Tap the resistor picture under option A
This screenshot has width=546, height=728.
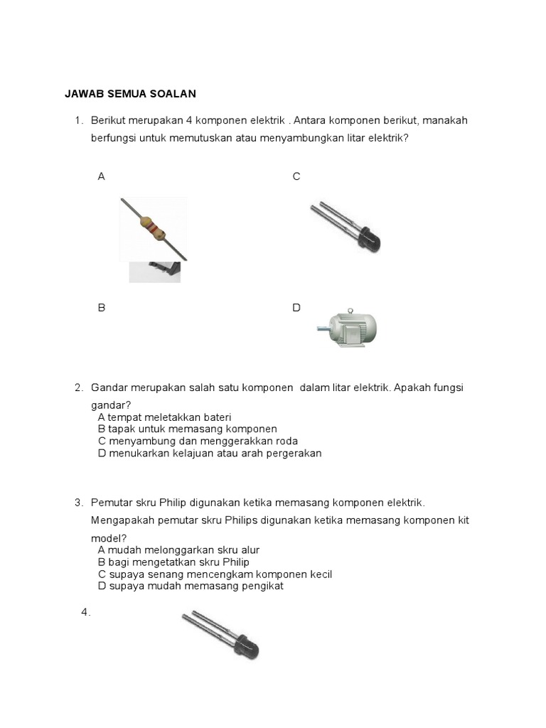pyautogui.click(x=154, y=229)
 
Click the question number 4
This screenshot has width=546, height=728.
pyautogui.click(x=85, y=612)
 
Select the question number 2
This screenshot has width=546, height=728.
pyautogui.click(x=78, y=388)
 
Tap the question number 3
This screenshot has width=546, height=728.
pyautogui.click(x=78, y=503)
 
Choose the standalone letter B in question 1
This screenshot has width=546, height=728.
pyautogui.click(x=102, y=308)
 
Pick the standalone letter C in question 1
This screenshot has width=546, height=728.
pyautogui.click(x=296, y=176)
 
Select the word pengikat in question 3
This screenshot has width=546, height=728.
pyautogui.click(x=263, y=586)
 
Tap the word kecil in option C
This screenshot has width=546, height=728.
pyautogui.click(x=318, y=574)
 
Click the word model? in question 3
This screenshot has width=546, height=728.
pyautogui.click(x=106, y=538)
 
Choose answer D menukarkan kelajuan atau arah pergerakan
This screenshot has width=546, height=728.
pyautogui.click(x=210, y=454)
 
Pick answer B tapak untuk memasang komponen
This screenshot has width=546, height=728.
pyautogui.click(x=187, y=429)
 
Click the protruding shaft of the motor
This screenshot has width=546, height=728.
pyautogui.click(x=321, y=328)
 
